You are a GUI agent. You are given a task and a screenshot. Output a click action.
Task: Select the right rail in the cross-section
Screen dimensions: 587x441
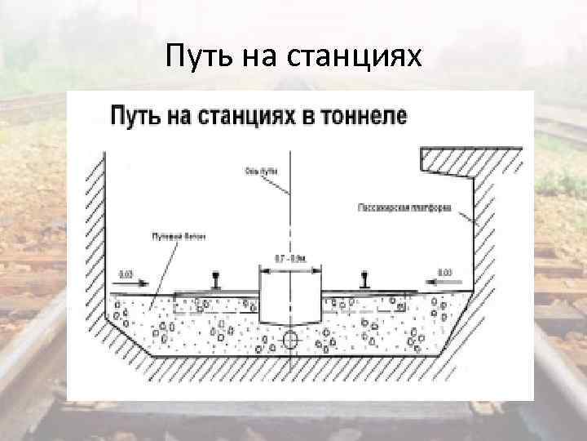(x=364, y=281)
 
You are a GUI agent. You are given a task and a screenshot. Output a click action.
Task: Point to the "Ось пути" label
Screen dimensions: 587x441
(x=260, y=171)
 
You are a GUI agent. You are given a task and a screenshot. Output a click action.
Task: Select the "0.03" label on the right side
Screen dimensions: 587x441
(x=446, y=272)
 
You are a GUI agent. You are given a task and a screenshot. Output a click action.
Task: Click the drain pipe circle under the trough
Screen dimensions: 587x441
(x=289, y=339)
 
